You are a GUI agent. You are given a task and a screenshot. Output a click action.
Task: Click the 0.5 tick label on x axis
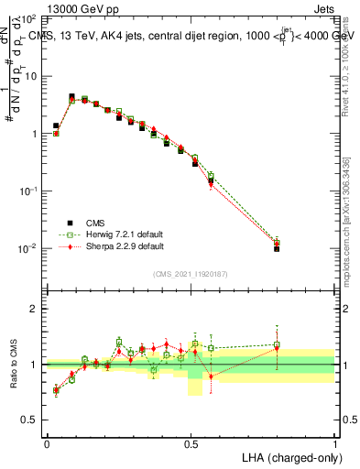(191, 442)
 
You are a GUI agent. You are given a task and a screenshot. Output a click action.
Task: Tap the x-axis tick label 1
(335, 442)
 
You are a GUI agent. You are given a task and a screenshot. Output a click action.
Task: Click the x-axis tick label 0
(47, 442)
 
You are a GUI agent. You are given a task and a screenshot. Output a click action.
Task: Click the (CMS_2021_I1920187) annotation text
(191, 273)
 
